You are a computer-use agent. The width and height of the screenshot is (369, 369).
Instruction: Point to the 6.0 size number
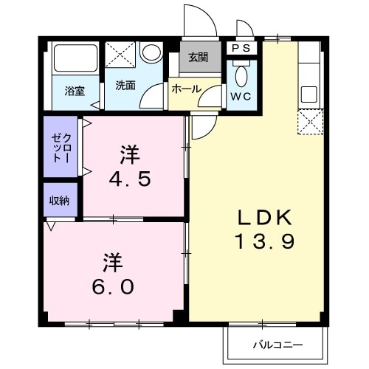pos(112,286)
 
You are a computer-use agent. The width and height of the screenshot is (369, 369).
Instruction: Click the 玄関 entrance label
pos(199,58)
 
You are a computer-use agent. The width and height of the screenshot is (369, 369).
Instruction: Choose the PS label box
pos(241,48)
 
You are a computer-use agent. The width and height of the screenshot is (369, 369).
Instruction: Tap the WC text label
pos(241,96)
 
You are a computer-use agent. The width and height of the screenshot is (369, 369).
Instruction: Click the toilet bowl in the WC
pos(241,75)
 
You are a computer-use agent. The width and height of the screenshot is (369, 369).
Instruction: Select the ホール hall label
pos(186,89)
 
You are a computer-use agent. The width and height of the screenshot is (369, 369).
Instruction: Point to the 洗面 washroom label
pos(125,85)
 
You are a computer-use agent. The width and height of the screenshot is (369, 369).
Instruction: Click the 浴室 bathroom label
pos(74,92)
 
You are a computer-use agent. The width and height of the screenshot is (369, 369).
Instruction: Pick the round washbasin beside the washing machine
pos(152,52)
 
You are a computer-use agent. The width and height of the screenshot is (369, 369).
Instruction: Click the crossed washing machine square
pos(119,55)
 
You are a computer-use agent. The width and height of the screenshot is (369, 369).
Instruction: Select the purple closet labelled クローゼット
pos(61,147)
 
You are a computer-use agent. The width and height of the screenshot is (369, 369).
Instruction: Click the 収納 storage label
pos(60,200)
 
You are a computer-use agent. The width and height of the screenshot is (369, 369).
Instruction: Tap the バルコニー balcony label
pos(275,344)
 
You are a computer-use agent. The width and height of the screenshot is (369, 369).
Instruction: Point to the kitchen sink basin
pos(308,95)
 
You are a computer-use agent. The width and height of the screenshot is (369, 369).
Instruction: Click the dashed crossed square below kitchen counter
pos(308,120)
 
